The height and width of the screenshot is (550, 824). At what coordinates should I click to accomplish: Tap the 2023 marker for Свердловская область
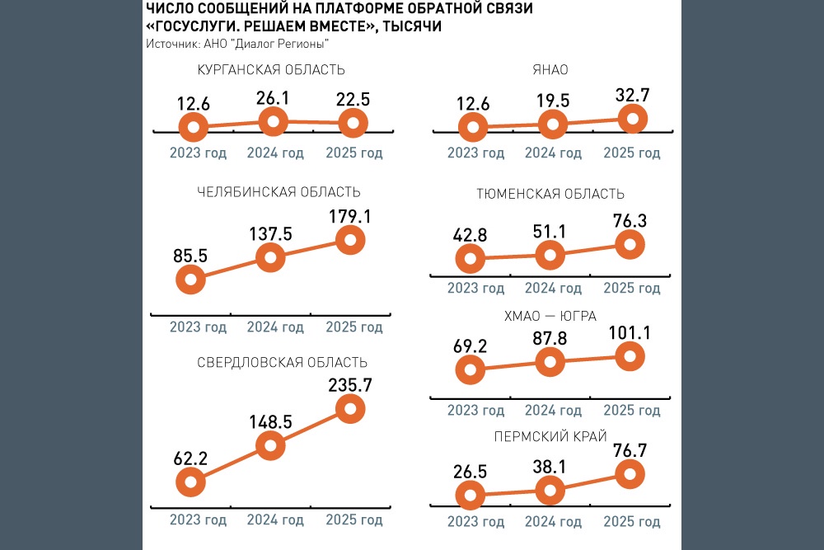(192, 482)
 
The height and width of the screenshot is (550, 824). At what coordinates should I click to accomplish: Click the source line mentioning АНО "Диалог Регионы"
(237, 43)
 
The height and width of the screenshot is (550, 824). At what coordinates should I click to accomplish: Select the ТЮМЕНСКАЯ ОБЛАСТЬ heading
(550, 195)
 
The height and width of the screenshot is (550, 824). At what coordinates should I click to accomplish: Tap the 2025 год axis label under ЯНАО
(632, 153)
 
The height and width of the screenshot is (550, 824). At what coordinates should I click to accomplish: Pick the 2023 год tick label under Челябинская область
(198, 327)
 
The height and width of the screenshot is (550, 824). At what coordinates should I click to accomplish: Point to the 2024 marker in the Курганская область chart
(272, 123)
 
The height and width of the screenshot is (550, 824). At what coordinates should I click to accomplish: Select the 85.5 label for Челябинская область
(191, 256)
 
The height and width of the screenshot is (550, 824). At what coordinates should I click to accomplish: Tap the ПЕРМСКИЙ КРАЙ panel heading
(550, 436)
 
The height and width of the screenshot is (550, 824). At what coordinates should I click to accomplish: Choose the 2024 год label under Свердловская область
(275, 520)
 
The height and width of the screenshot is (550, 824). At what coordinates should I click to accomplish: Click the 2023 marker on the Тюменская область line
(471, 260)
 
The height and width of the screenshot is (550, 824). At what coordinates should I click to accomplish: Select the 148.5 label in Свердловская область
(271, 422)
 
